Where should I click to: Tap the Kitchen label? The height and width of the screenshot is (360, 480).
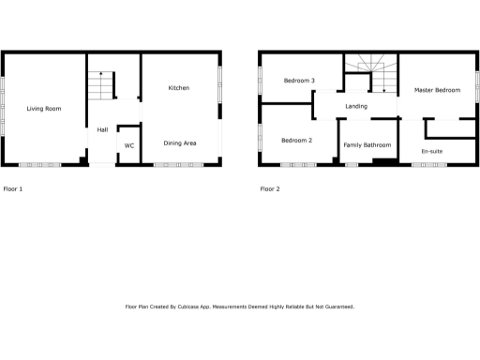[x=179, y=88]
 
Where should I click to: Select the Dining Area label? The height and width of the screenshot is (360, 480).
[x=180, y=142]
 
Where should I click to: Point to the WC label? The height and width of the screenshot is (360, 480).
[x=129, y=146]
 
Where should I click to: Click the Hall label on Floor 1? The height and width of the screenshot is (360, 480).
[x=102, y=129]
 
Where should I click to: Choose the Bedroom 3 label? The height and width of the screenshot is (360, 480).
[x=300, y=82]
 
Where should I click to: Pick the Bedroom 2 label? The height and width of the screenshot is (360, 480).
[x=297, y=141]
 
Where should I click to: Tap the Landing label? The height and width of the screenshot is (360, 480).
[x=356, y=106]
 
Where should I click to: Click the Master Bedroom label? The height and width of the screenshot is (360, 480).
[x=438, y=89]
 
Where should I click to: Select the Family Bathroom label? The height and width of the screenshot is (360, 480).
[x=367, y=145]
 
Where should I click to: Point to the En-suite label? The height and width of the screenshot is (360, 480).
[x=433, y=150]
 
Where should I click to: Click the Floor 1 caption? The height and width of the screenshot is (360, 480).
[x=13, y=188]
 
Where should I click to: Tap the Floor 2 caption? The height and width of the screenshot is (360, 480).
[x=270, y=188]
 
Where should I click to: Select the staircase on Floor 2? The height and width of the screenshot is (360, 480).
[x=370, y=74]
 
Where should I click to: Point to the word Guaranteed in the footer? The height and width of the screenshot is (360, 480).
[x=336, y=307]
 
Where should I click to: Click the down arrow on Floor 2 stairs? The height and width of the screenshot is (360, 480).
[x=384, y=89]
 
